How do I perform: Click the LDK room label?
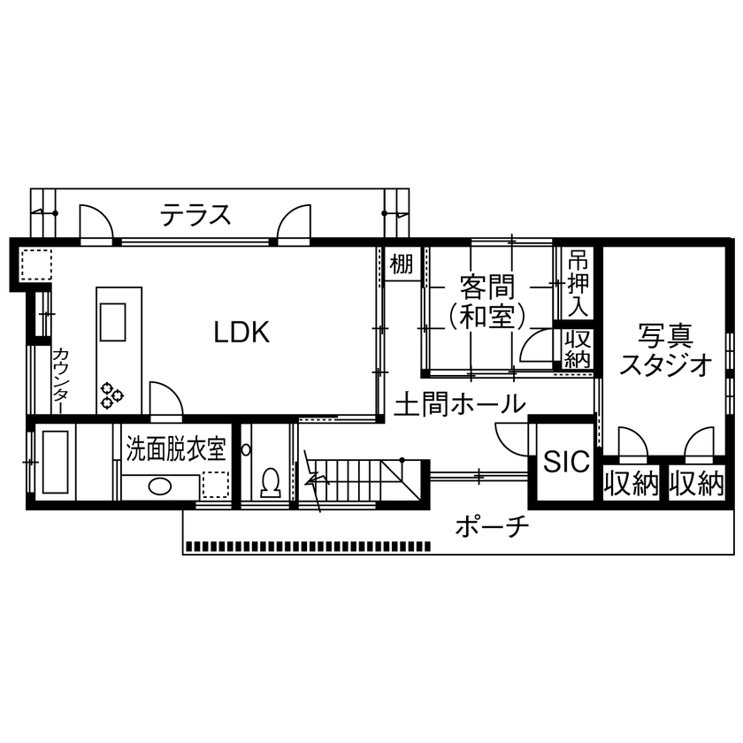coord(241,333)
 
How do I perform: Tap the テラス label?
coord(196,215)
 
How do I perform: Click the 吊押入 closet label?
coord(578,284)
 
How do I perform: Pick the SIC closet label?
coord(566,462)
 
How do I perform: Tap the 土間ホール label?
coord(459,405)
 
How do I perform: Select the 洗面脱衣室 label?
coord(177,449)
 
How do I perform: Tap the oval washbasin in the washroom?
coord(160,486)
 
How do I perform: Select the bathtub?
coord(56,463)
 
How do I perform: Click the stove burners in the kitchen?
coord(112,394)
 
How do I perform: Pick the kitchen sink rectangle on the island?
coord(112,321)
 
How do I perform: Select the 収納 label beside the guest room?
coord(578,350)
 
